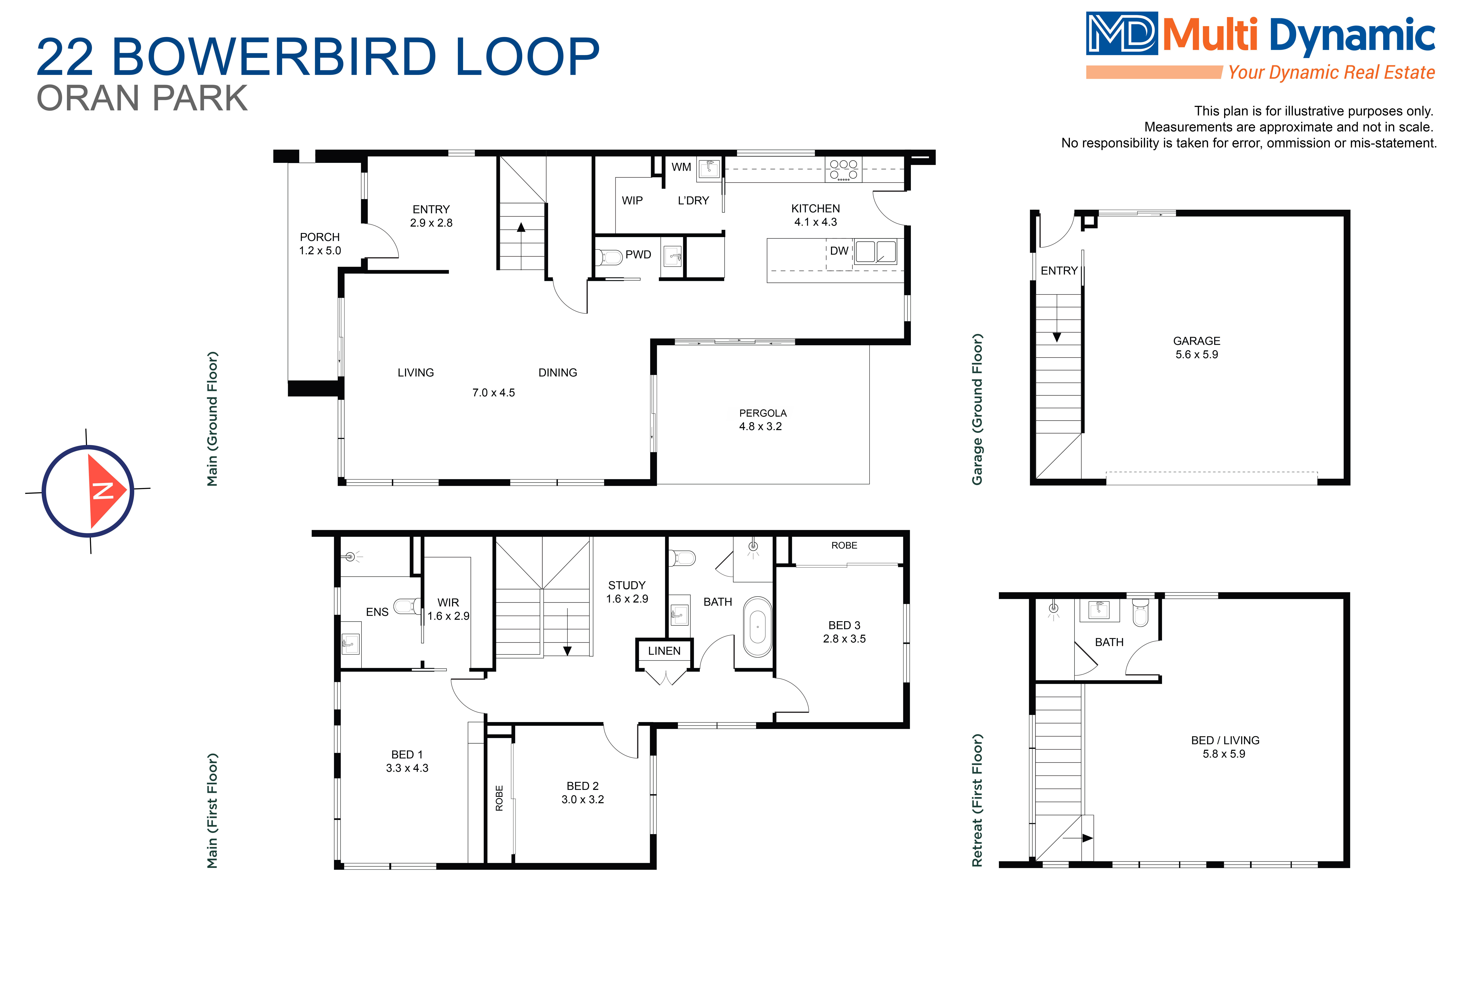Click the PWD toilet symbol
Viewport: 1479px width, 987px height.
point(610,257)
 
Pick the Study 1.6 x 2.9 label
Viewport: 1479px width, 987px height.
point(627,592)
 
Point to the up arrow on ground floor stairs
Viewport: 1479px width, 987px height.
point(521,228)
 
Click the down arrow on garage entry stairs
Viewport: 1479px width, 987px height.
point(1057,337)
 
